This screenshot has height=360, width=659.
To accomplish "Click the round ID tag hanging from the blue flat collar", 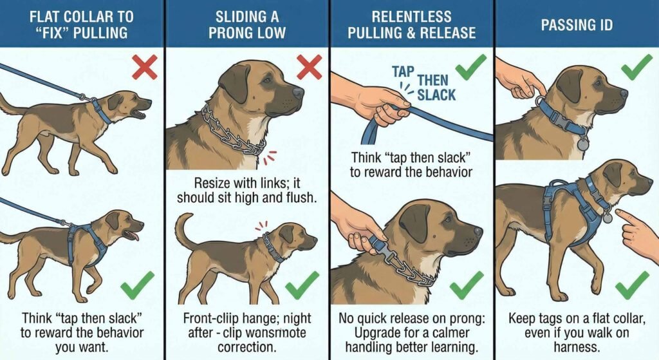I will pyautogui.click(x=582, y=144).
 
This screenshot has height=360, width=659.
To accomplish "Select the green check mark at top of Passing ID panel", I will pyautogui.click(x=636, y=66).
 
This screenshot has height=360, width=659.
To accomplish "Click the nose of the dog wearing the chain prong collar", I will pyautogui.click(x=298, y=92).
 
